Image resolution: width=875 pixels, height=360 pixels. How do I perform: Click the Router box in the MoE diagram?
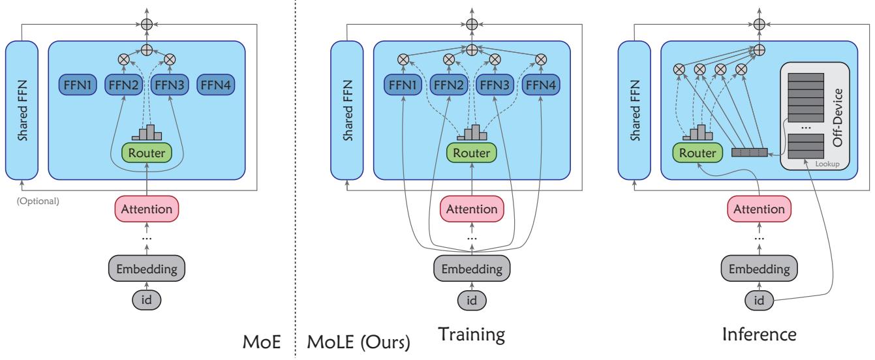pos(147,153)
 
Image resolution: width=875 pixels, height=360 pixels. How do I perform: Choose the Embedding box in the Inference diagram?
pos(758,268)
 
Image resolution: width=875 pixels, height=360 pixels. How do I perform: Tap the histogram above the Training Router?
pos(472,132)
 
